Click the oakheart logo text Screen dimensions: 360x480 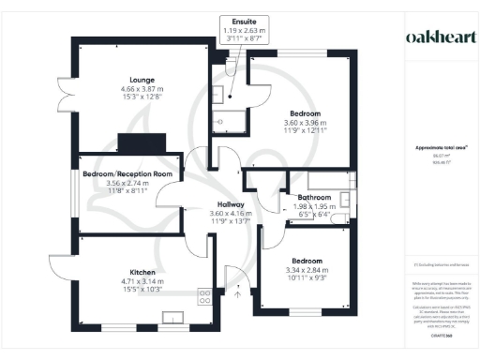click(438, 36)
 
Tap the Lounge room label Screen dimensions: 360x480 click(142, 80)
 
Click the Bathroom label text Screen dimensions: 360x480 click(312, 198)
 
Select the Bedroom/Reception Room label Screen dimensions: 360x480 click(127, 173)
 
